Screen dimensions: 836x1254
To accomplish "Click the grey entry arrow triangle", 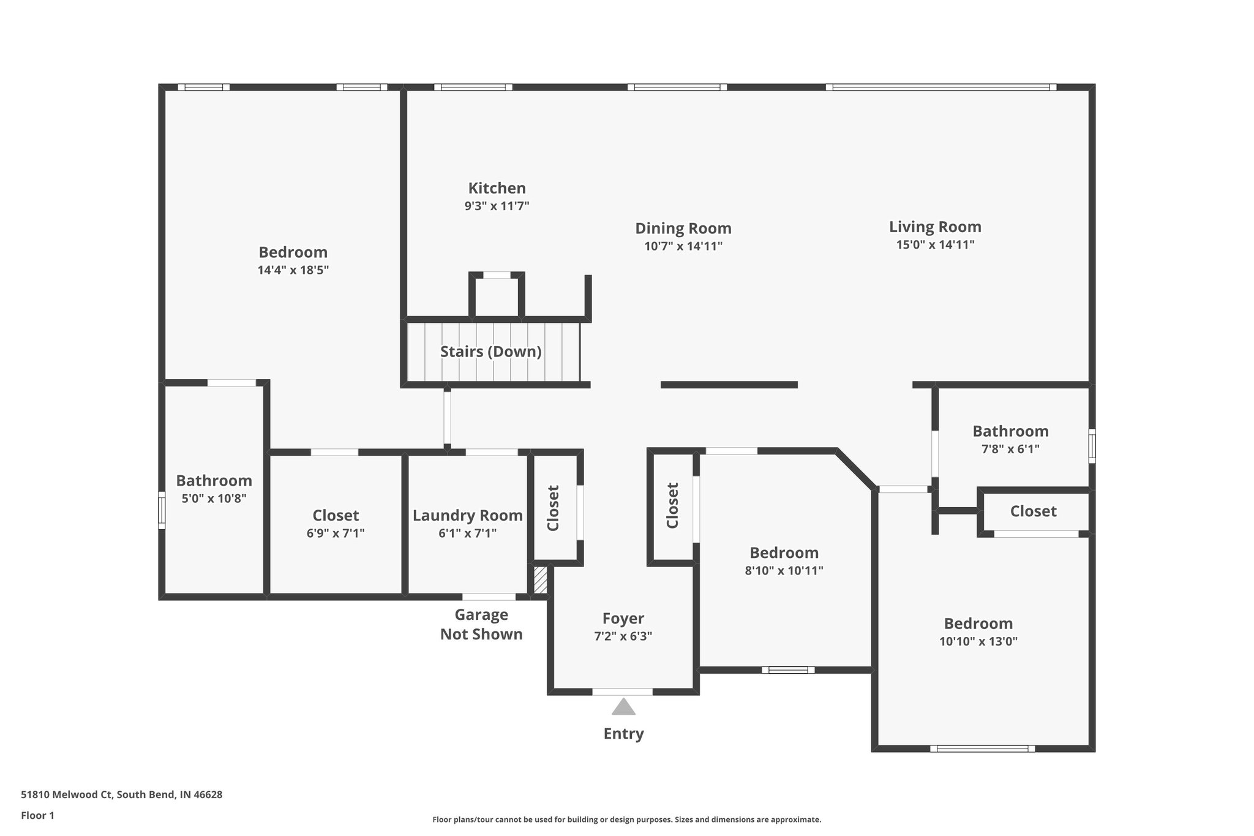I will pos(623,707).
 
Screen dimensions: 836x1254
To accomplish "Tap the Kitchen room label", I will pos(497,188).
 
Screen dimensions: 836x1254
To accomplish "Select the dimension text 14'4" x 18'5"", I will pos(293,270).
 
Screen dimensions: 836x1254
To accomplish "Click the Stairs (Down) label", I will pos(490,352).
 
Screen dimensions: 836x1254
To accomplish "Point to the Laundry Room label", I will pos(467,516).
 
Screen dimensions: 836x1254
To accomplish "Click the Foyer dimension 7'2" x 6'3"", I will pos(623,636).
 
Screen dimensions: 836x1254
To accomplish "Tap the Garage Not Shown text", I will pos(481,624).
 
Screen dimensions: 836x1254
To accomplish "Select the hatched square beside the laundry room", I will pos(540,579).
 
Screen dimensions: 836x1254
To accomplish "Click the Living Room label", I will pos(935,227).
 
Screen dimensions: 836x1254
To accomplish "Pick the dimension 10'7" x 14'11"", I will pos(683,246).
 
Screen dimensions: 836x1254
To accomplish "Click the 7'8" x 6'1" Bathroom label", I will pos(1010,431).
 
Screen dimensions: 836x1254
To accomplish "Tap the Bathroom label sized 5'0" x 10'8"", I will pos(214,481).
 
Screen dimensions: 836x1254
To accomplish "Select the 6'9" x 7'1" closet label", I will pos(336,516).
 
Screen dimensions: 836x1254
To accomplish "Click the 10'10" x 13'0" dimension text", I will pos(978,642).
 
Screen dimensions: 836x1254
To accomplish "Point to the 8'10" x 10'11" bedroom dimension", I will pos(784,571).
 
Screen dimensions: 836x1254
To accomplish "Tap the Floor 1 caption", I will pos(37,816).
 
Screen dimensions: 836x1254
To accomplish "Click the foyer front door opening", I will pos(622,691).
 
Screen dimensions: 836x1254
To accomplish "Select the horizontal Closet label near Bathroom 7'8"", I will pos(1033,511).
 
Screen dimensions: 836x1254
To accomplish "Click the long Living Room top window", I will pos(940,87).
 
